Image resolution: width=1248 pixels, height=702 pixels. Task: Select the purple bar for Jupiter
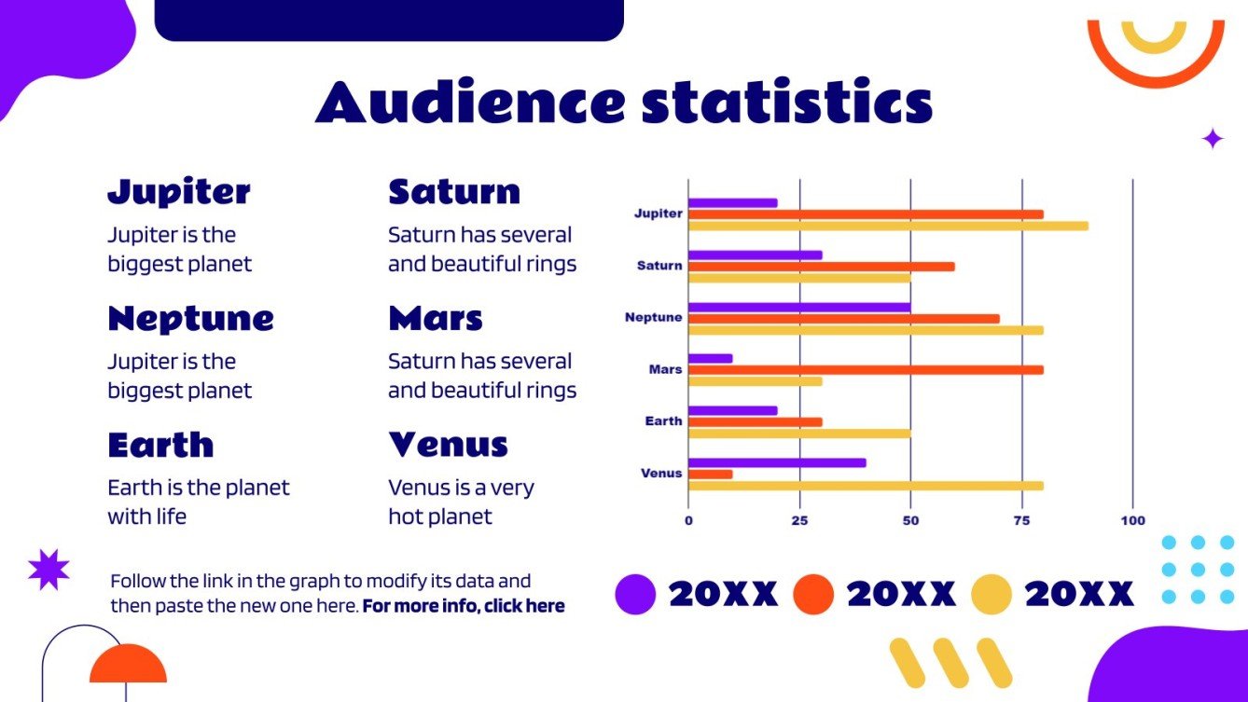point(732,202)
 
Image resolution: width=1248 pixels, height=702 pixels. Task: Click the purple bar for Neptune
point(799,307)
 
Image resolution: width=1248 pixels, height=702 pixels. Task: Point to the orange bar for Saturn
point(821,266)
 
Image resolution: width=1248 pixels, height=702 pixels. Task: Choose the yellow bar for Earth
point(799,433)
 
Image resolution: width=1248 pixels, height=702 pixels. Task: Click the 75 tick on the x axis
point(1021,520)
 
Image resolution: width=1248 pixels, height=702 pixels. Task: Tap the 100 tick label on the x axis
point(1132,520)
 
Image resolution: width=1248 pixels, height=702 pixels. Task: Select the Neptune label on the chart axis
point(653,318)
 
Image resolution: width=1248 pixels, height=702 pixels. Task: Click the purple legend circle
point(635,594)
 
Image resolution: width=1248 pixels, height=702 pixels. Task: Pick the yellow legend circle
point(991,594)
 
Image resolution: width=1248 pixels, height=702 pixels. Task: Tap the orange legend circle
point(813,594)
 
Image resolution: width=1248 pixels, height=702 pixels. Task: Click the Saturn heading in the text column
point(454,192)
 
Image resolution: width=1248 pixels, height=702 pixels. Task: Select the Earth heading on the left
point(160,445)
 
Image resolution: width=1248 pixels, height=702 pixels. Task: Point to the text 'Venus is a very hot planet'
point(461,502)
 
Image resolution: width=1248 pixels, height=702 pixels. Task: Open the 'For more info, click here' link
point(464,606)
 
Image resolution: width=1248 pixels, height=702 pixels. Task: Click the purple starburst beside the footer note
point(49,569)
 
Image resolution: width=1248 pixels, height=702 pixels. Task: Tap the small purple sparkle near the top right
point(1213,139)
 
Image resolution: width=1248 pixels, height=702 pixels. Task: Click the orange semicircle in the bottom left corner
point(128,664)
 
